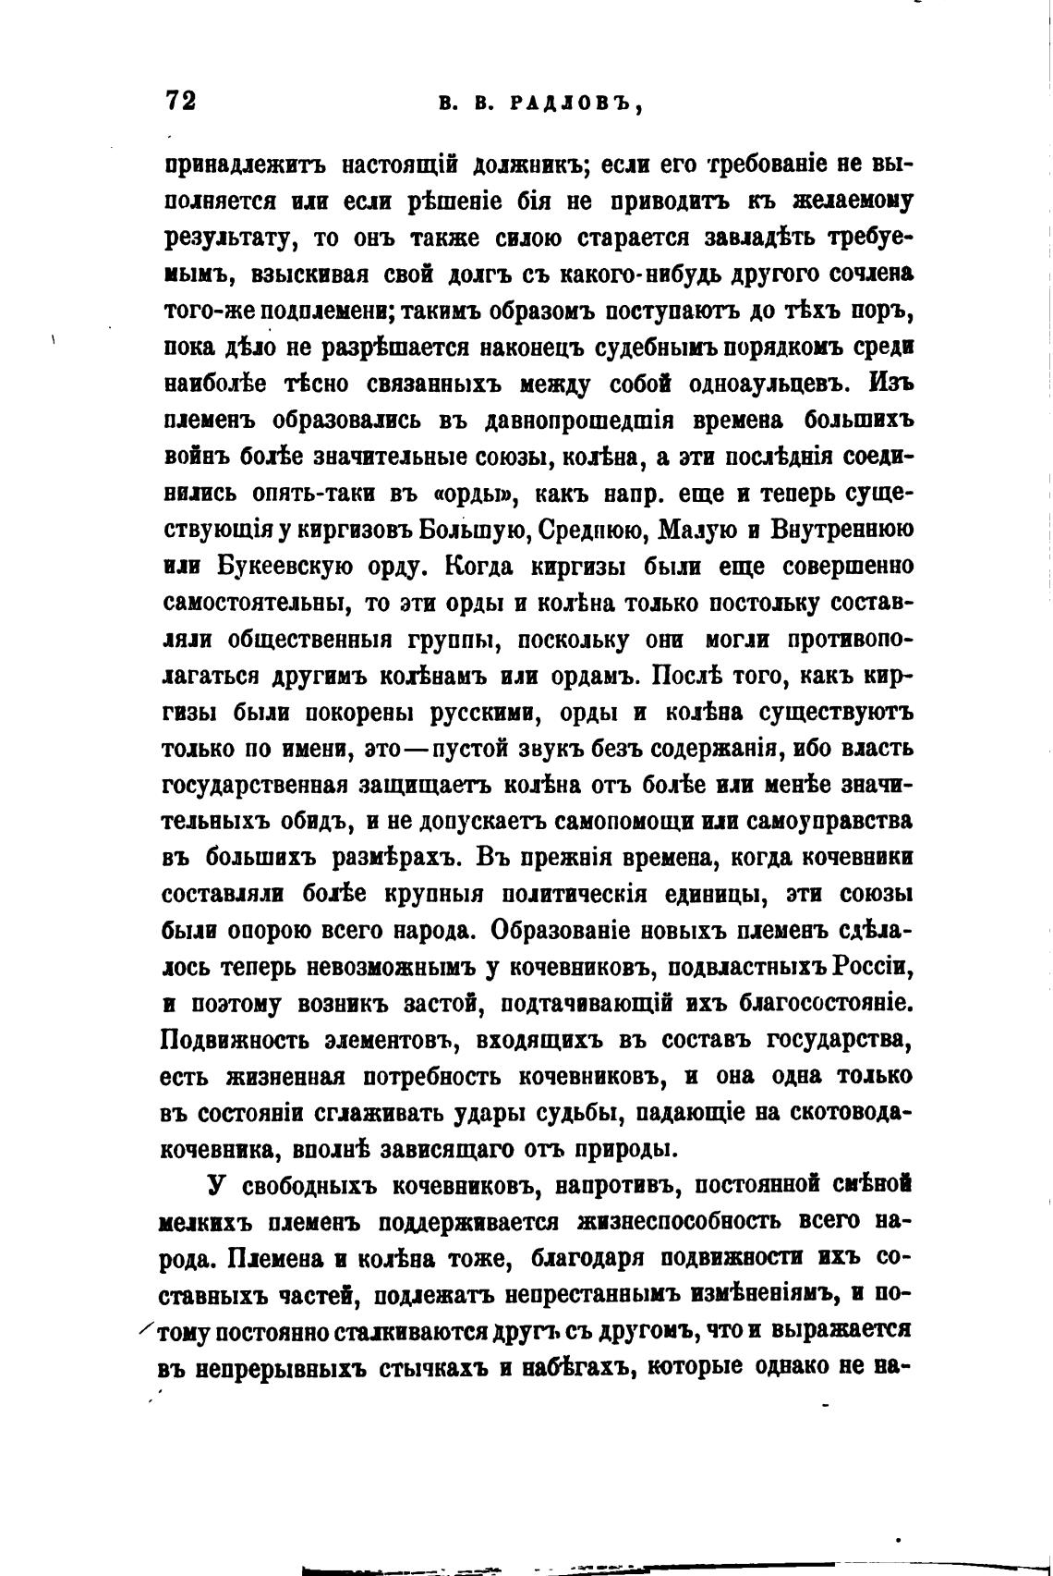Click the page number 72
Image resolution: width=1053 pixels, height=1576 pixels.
[180, 101]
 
